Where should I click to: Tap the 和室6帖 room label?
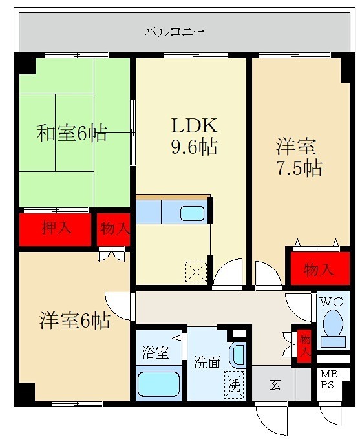click(x=72, y=134)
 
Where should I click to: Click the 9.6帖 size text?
click(x=193, y=147)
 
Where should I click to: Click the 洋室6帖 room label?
click(x=75, y=319)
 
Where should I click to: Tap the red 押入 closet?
click(x=56, y=229)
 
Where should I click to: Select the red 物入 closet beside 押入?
click(x=114, y=229)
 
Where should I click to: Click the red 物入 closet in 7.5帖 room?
click(x=317, y=268)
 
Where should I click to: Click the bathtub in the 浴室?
click(x=158, y=384)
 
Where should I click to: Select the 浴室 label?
click(x=156, y=354)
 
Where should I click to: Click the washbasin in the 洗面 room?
click(x=238, y=355)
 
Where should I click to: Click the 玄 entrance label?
click(x=275, y=385)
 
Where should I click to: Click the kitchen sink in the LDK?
click(x=191, y=213)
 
